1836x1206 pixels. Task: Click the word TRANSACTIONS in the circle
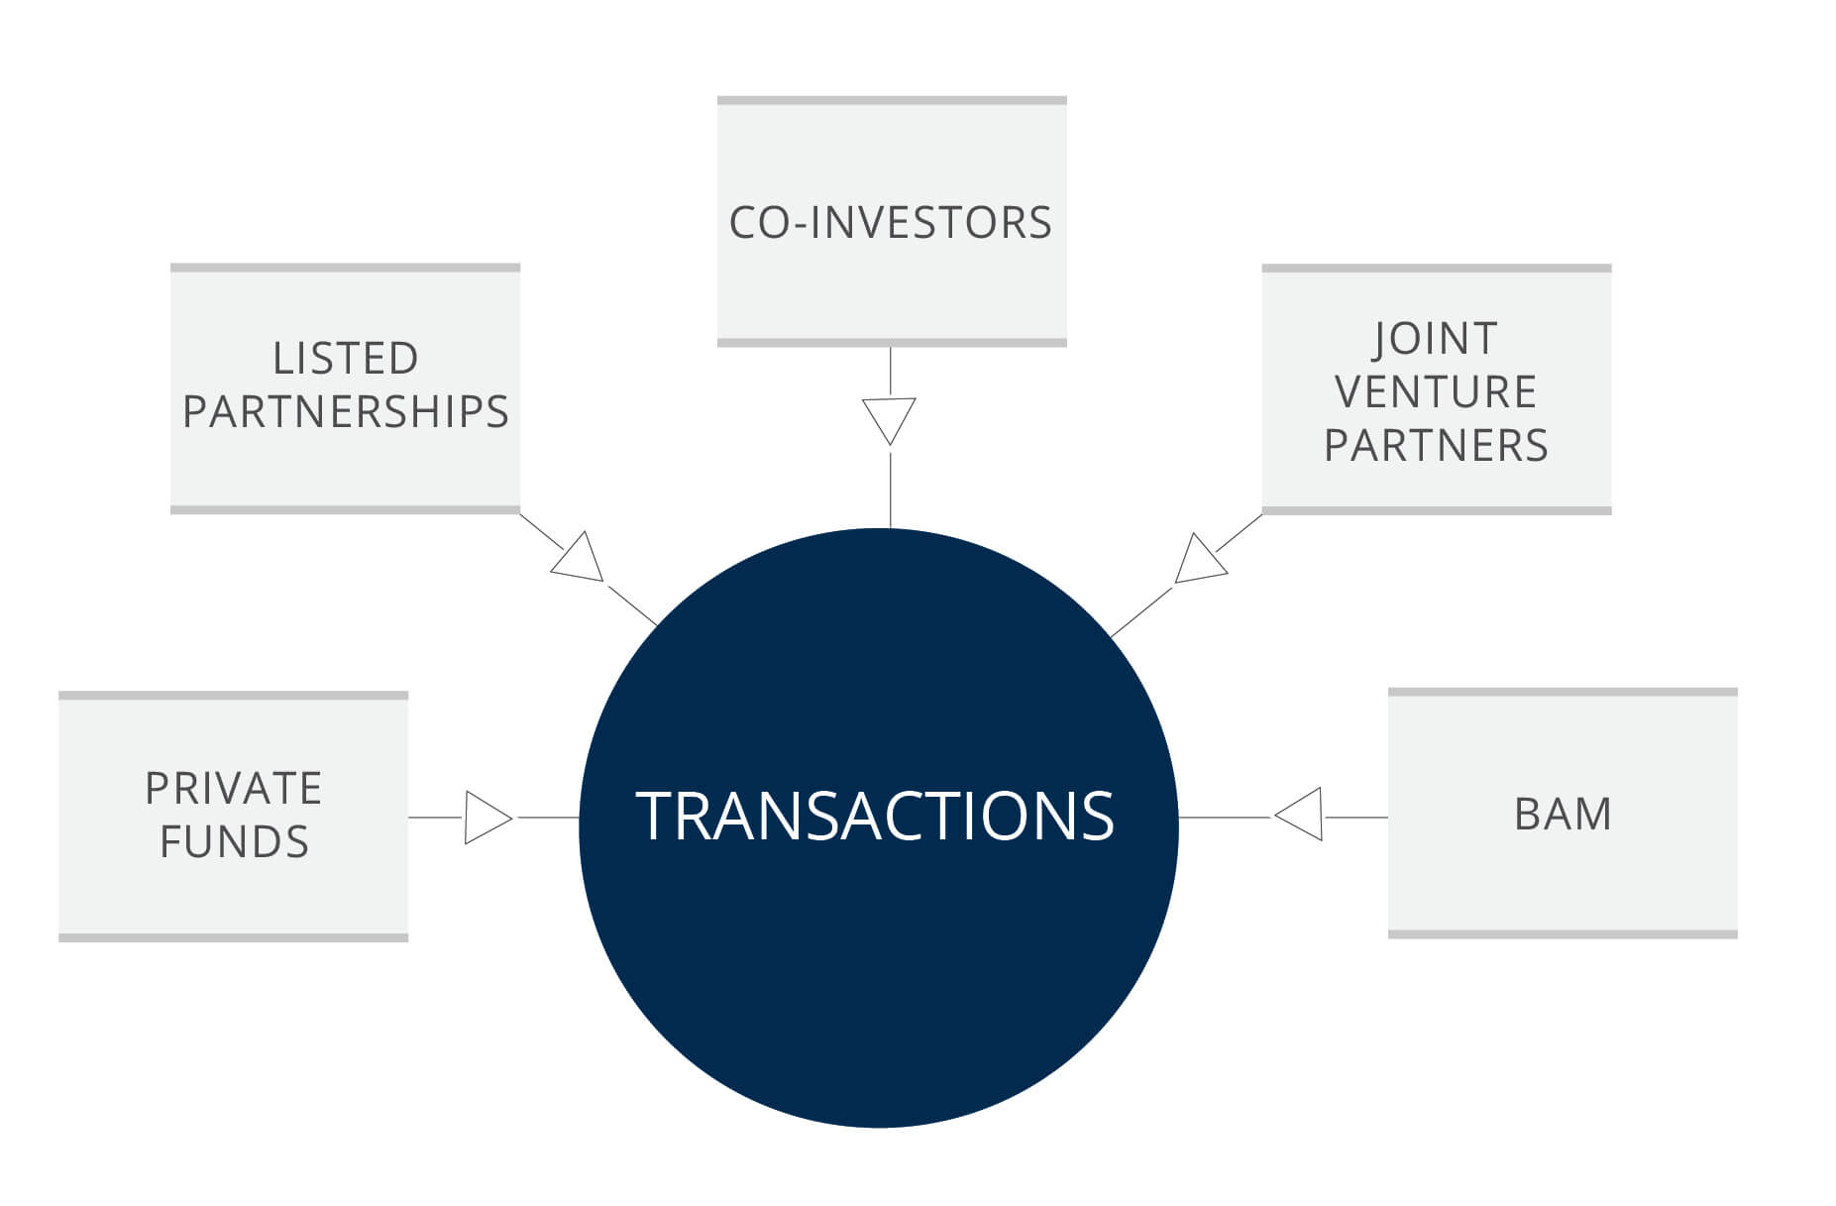point(875,816)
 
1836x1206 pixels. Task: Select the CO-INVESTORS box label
point(891,223)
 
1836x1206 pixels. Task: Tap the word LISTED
point(346,359)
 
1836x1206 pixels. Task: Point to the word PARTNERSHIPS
point(346,412)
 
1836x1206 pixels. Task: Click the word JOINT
point(1436,340)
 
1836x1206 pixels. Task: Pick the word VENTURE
point(1436,392)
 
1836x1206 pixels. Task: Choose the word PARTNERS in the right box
point(1436,446)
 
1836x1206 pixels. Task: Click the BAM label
point(1563,815)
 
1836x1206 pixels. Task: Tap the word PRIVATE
point(234,789)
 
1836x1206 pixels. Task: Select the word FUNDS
point(234,842)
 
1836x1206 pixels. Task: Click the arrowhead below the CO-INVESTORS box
point(890,421)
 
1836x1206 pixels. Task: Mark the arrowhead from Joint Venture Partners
point(1200,559)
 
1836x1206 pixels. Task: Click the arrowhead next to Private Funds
point(488,818)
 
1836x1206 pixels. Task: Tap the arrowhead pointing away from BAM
point(1298,815)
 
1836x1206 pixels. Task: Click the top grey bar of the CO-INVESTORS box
point(892,100)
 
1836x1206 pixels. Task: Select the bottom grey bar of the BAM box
point(1563,934)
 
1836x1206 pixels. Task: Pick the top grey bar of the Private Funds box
point(234,696)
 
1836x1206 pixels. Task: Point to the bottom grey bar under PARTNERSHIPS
point(346,510)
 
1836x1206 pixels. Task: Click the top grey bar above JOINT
point(1437,268)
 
